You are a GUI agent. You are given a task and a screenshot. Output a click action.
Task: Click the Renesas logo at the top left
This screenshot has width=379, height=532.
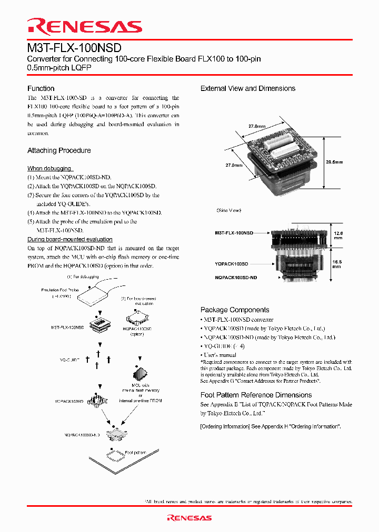coord(84,27)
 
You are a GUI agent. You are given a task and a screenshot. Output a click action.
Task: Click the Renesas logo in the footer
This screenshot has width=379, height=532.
coord(189,518)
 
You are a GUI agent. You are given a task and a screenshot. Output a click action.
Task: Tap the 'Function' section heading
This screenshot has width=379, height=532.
coord(41,88)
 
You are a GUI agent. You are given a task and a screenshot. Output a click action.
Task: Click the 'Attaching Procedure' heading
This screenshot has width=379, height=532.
coord(59,150)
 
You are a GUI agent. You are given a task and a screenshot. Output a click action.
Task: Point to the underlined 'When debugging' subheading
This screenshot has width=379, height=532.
coord(49,168)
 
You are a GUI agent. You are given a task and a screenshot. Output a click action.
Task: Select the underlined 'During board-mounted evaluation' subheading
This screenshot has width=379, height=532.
coord(69,239)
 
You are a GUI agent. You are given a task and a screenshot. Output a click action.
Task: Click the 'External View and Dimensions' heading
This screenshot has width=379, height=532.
coord(248,88)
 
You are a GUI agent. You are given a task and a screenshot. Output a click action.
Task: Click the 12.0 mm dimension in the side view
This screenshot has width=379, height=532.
coord(338,235)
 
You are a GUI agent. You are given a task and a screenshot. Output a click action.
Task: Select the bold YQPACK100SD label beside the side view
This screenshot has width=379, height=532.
coord(231,263)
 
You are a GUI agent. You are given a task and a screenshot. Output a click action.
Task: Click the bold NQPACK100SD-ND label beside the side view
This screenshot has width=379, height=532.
coord(236,277)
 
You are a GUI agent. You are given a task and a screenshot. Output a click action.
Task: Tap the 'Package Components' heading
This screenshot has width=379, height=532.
coord(235,310)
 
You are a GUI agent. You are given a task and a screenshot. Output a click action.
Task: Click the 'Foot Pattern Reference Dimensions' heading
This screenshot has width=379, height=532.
coord(256,395)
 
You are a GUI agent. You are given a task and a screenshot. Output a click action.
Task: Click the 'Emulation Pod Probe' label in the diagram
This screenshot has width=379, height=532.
coord(59,290)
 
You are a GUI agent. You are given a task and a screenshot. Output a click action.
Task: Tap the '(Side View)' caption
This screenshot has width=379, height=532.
coord(228,210)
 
